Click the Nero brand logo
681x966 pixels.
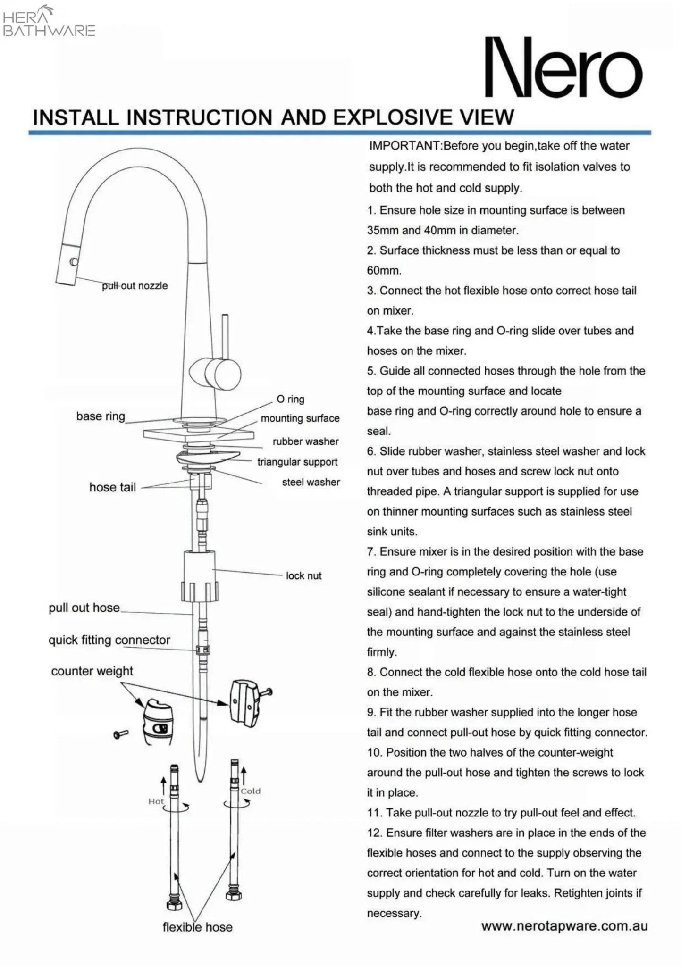[x=563, y=68]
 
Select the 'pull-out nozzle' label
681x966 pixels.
[x=135, y=286]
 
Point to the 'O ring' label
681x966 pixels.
[x=290, y=399]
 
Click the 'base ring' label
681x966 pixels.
[x=101, y=416]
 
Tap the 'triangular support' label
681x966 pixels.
[x=297, y=462]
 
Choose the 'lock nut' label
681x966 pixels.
[x=303, y=575]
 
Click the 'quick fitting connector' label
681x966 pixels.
[x=109, y=640]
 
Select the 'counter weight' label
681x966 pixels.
[x=92, y=671]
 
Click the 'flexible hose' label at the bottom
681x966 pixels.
[x=197, y=927]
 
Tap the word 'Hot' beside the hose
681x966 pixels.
[x=156, y=801]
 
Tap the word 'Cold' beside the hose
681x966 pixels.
[x=250, y=791]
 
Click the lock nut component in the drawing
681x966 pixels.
[x=200, y=576]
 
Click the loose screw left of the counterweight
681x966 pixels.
[x=121, y=733]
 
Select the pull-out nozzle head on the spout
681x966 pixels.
[x=68, y=265]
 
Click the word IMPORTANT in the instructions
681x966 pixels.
[x=404, y=146]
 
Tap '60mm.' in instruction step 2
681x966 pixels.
[x=384, y=271]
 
